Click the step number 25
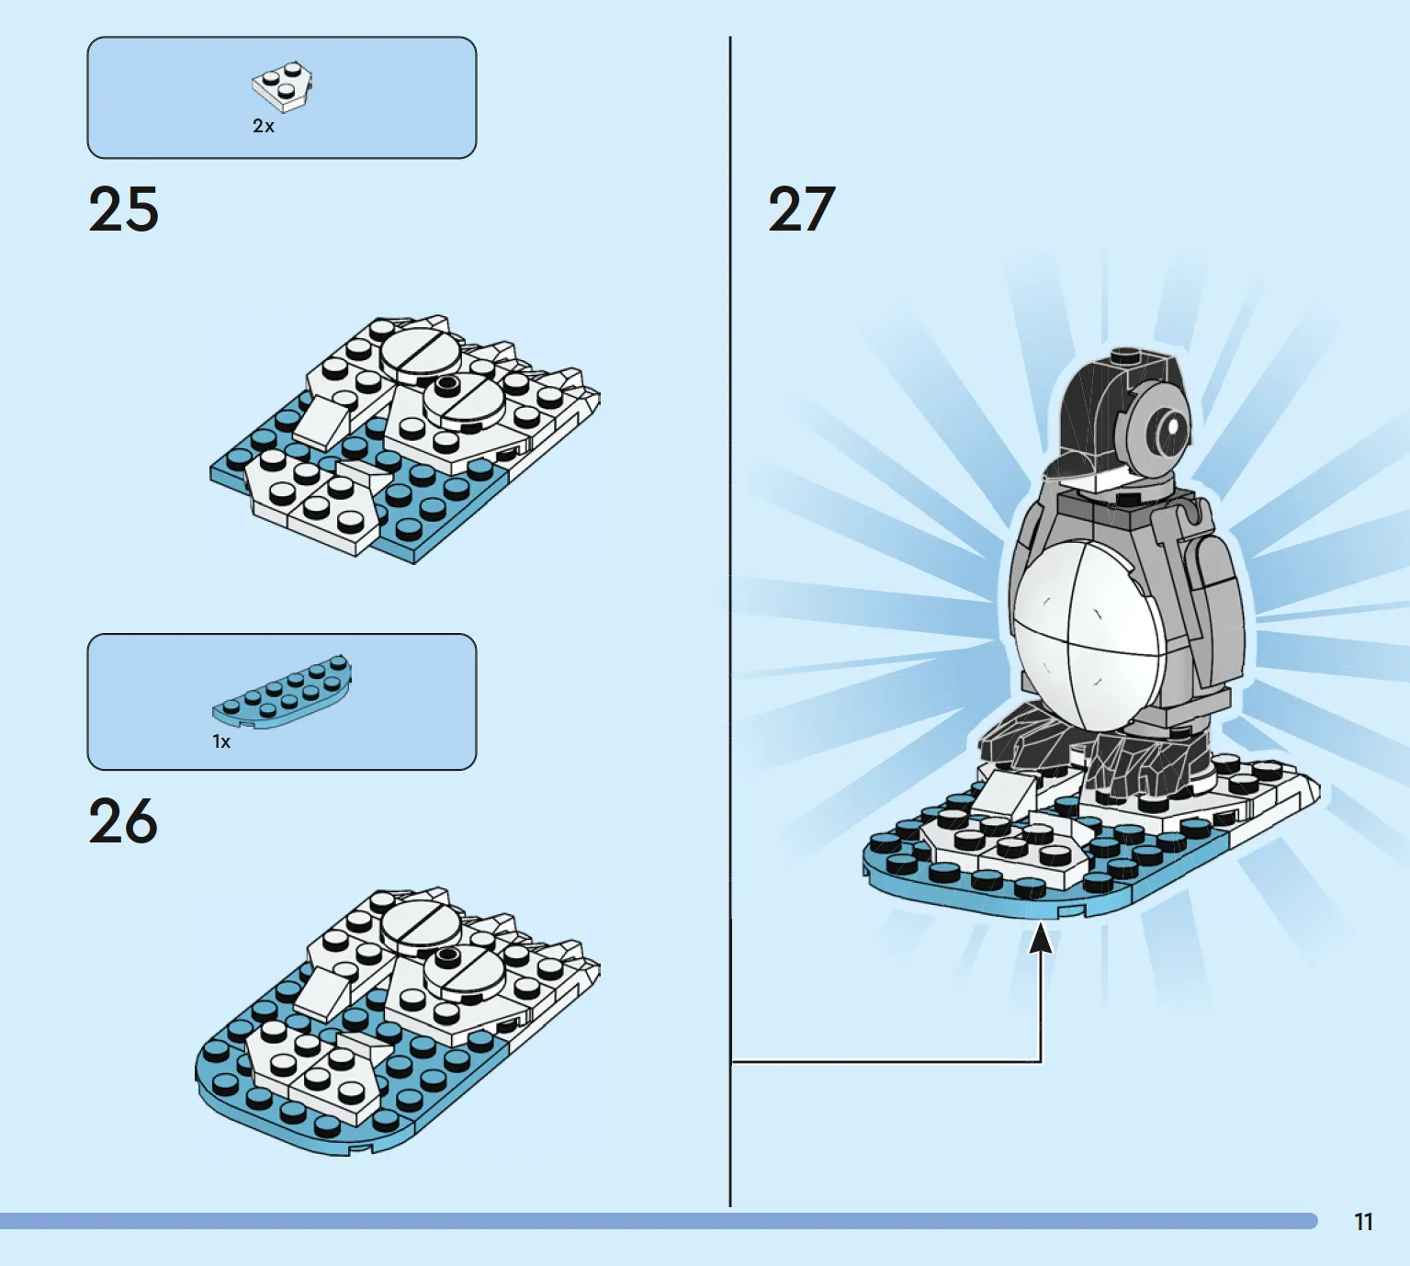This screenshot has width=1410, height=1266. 124,209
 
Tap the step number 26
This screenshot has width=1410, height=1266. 123,820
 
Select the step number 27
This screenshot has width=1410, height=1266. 802,209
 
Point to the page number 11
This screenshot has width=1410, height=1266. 1363,1222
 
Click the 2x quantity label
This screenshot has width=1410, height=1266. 263,126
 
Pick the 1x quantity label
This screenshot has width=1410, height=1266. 221,742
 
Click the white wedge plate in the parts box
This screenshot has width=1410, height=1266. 282,86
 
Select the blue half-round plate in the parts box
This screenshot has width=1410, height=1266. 282,693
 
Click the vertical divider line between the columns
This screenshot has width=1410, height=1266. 730,622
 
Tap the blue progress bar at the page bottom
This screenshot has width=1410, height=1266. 659,1221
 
